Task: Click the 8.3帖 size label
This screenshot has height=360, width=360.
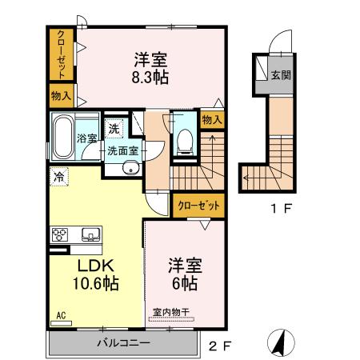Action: click(x=150, y=78)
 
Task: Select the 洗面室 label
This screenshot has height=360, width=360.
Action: click(x=123, y=149)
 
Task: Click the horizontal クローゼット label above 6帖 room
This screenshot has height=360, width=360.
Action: click(x=198, y=206)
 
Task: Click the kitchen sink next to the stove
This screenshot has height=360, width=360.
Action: click(x=89, y=234)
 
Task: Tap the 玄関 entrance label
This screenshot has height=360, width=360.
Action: click(x=280, y=75)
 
